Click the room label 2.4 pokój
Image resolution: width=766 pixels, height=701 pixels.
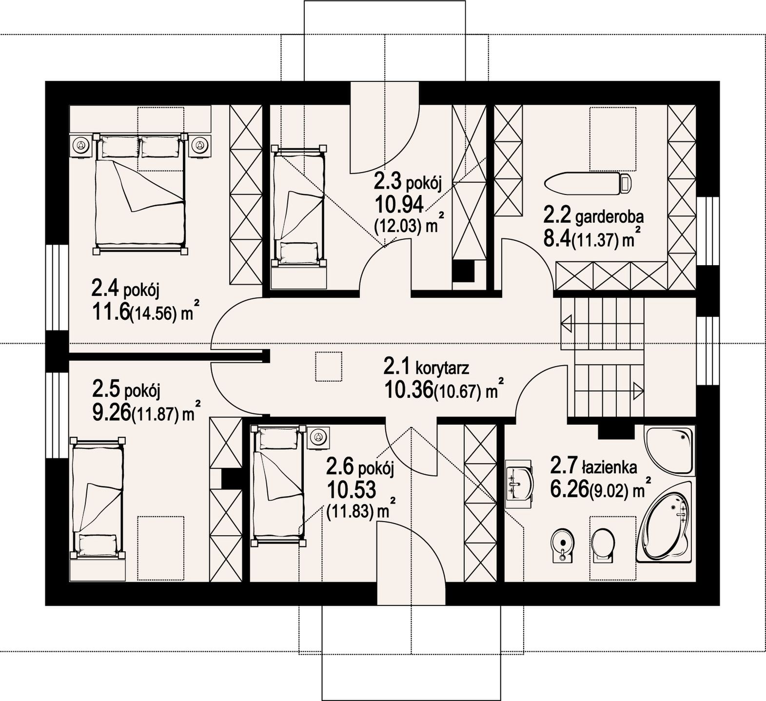[125, 290]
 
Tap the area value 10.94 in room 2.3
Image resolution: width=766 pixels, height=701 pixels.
[398, 204]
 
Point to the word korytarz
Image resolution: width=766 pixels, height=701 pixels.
[442, 368]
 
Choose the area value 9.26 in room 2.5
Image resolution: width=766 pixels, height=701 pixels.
[111, 413]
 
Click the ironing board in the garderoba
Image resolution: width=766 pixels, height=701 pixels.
[588, 184]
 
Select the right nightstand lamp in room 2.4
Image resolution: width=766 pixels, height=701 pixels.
[199, 145]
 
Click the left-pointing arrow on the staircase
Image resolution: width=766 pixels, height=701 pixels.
[567, 323]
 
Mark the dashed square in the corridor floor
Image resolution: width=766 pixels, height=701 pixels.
[329, 366]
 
